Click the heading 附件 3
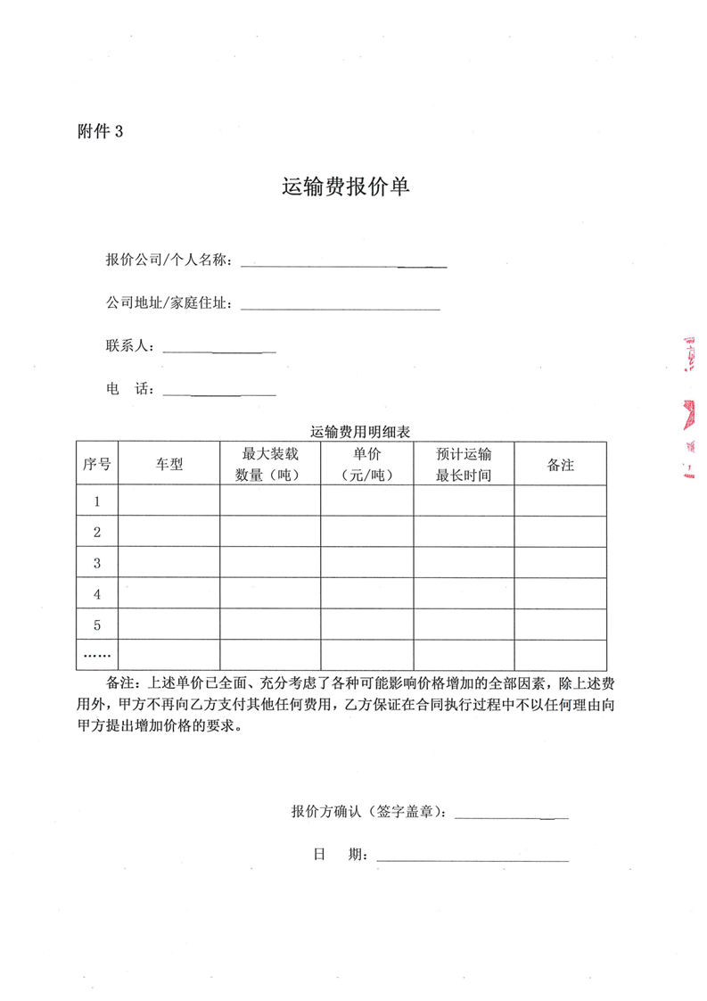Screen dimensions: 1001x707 (x=100, y=131)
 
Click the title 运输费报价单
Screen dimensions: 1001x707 (x=345, y=187)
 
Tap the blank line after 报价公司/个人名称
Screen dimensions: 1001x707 (x=343, y=263)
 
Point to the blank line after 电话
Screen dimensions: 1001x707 (x=219, y=392)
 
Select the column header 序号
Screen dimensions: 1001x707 (x=97, y=464)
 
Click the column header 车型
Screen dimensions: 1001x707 (x=169, y=464)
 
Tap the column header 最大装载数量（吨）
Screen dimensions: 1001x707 (x=270, y=464)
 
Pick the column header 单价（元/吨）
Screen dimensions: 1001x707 (x=366, y=464)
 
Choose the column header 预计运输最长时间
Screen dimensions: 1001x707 (x=464, y=464)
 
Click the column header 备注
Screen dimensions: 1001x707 (x=560, y=464)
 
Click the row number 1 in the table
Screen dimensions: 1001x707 (x=97, y=501)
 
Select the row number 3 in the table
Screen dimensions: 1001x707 (x=97, y=563)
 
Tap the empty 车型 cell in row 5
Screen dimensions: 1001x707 (x=169, y=625)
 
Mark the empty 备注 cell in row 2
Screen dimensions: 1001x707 (x=560, y=532)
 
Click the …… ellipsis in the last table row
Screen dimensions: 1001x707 (x=97, y=655)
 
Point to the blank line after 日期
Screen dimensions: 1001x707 (x=473, y=858)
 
